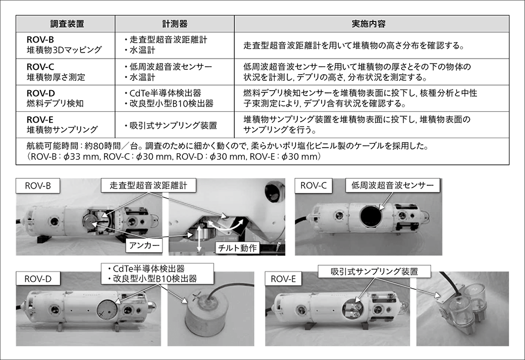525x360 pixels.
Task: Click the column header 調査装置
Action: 67,24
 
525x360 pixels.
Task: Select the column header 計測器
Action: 175,24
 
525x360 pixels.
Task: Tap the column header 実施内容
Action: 368,24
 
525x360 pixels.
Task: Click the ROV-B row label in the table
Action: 40,40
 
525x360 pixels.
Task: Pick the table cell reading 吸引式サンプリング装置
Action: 174,126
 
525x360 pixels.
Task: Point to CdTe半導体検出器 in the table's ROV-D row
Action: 165,93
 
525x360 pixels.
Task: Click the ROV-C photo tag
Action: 313,186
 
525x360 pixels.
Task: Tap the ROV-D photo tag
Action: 38,279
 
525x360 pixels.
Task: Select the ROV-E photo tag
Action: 283,279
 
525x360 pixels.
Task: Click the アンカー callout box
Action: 144,246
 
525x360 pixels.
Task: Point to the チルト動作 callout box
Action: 237,248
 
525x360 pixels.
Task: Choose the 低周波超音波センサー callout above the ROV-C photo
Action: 392,185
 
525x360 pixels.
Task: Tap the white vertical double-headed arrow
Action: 199,238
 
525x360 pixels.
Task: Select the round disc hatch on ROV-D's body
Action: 107,309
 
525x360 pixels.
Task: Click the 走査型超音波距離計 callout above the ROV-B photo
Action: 149,185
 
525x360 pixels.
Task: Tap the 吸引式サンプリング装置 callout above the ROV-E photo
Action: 374,271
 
